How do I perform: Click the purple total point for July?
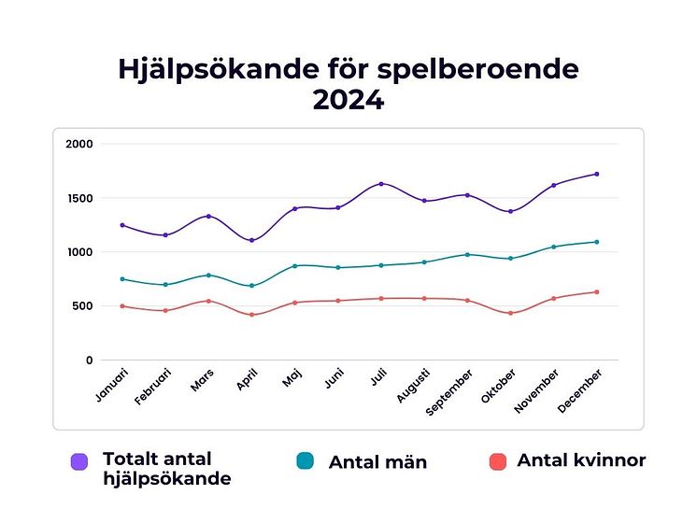pyautogui.click(x=381, y=184)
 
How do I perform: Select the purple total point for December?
pyautogui.click(x=596, y=174)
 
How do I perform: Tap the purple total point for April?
pyautogui.click(x=251, y=240)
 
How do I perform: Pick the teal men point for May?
pyautogui.click(x=295, y=266)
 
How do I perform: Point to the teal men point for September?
pyautogui.click(x=467, y=254)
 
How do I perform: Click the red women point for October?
pyautogui.click(x=510, y=313)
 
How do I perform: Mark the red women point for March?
pyautogui.click(x=208, y=301)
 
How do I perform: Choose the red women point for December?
pyautogui.click(x=596, y=292)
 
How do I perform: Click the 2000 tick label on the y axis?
pyautogui.click(x=79, y=144)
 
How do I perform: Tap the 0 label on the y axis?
pyautogui.click(x=90, y=360)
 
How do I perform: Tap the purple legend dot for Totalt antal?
pyautogui.click(x=79, y=461)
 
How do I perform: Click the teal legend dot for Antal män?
pyautogui.click(x=304, y=461)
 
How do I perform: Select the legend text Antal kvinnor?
pyautogui.click(x=581, y=460)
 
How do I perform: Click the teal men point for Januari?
pyautogui.click(x=122, y=279)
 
